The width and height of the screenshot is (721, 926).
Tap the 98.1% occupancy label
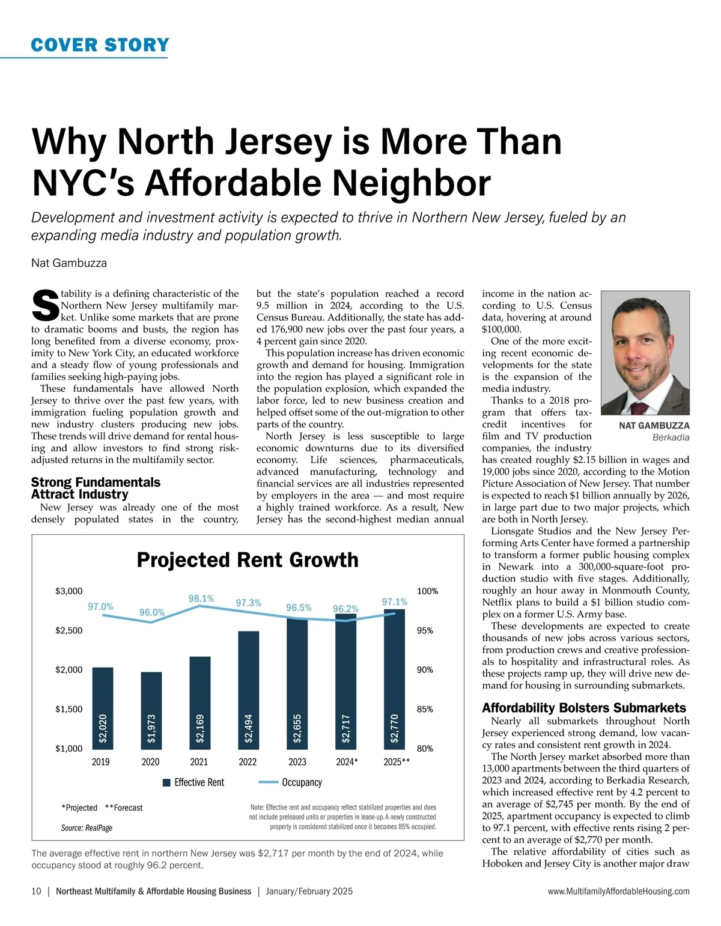click(201, 599)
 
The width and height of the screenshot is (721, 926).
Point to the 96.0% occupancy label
click(152, 612)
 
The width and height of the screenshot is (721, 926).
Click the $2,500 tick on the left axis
click(69, 630)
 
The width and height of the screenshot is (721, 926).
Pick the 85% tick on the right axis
click(425, 709)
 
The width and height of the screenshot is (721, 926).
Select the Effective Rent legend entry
click(193, 782)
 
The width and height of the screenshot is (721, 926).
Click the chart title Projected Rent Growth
click(248, 560)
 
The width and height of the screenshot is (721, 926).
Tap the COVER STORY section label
click(100, 45)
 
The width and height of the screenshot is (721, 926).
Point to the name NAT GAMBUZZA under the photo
click(654, 425)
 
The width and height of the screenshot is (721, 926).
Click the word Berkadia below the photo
click(671, 437)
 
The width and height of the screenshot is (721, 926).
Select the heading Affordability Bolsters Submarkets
click(583, 708)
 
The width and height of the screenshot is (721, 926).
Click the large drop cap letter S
click(44, 305)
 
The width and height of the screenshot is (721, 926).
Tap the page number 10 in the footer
click(36, 891)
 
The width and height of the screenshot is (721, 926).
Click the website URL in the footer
click(618, 891)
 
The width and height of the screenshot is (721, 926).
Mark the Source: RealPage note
click(87, 828)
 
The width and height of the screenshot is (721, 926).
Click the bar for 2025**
click(394, 679)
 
